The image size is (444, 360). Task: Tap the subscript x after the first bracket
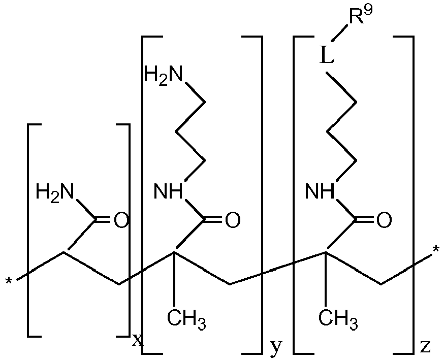point(138,340)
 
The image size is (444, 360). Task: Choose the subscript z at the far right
point(425,346)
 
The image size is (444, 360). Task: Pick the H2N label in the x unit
point(55,192)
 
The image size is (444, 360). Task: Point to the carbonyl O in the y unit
point(233,220)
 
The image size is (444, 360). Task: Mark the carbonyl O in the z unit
point(384,220)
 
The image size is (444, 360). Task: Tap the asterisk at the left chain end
point(9,281)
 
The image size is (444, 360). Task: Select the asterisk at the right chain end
point(435,250)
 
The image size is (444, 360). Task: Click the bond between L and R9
point(340,33)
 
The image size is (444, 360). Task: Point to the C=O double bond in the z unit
point(365,220)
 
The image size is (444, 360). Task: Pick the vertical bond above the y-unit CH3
point(174,278)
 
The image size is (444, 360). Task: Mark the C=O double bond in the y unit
point(213,220)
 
